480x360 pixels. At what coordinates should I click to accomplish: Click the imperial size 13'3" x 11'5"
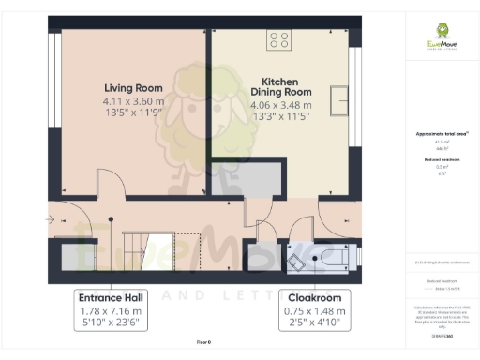point(281,118)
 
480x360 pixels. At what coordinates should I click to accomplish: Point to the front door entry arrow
point(49,219)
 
